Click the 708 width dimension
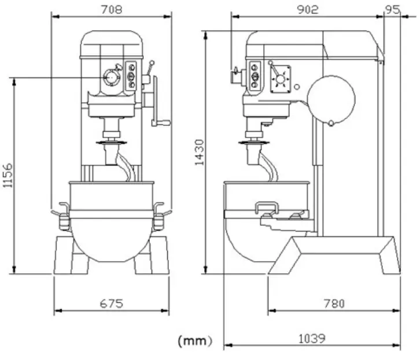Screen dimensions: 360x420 click(x=112, y=9)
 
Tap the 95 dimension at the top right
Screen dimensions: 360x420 click(x=395, y=9)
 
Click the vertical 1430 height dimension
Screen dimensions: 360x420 click(x=199, y=151)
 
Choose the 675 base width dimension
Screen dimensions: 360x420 click(x=112, y=303)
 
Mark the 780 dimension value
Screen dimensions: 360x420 click(x=334, y=303)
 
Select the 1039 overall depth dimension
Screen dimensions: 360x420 click(x=312, y=339)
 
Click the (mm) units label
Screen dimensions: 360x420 click(x=194, y=340)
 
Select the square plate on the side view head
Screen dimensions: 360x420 click(x=281, y=79)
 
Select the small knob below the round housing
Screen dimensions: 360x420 click(x=331, y=123)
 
